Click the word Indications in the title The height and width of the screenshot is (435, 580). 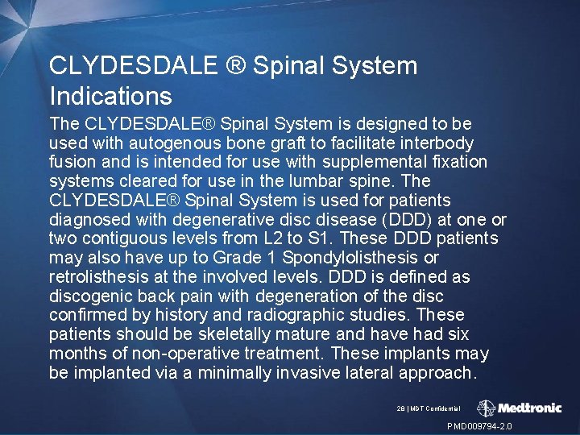tap(110, 97)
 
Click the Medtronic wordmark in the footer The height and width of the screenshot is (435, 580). tap(528, 408)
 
